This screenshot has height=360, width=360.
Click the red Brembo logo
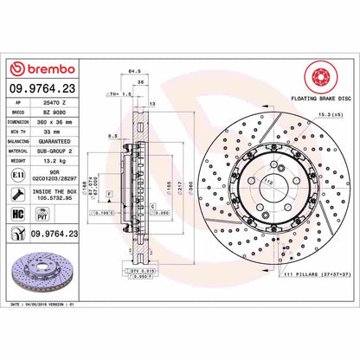click(42, 69)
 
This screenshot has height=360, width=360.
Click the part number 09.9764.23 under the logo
click(44, 87)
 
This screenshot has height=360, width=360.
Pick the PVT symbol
click(39, 216)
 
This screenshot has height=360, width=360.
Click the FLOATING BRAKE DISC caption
click(304, 101)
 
